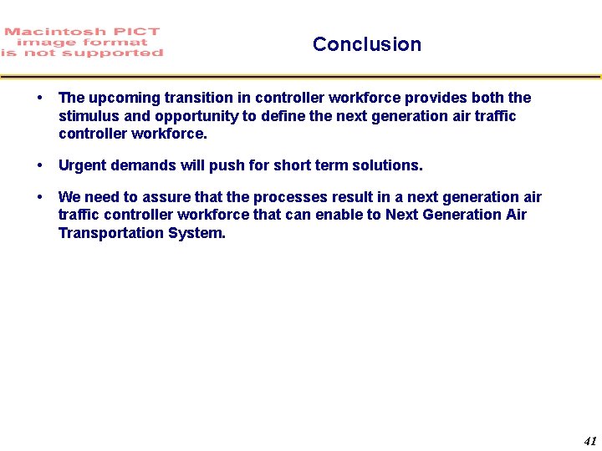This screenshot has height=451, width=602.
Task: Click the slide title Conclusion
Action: coord(366,44)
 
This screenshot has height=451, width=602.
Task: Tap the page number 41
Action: coord(590,441)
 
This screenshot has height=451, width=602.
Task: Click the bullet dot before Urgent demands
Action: coord(41,165)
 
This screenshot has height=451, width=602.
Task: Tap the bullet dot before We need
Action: coord(41,197)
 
